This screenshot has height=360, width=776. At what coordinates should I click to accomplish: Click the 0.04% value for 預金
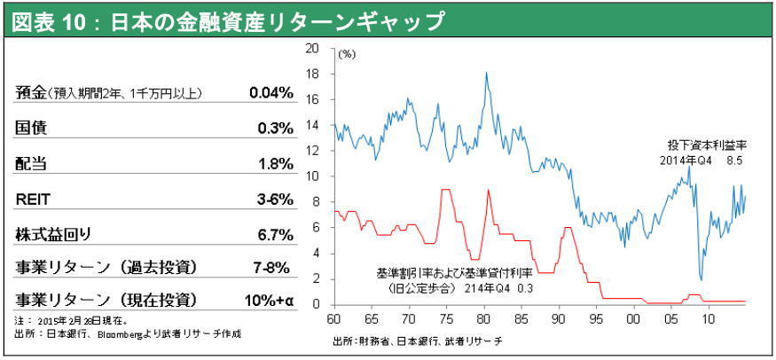270,92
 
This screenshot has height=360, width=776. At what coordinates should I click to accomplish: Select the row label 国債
32,128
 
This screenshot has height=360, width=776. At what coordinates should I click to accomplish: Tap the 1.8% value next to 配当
275,163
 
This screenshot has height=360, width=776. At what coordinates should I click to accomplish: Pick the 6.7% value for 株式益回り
275,234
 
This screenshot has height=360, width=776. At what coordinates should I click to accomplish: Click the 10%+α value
270,300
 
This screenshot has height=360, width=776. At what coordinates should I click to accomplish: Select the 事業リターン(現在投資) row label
106,300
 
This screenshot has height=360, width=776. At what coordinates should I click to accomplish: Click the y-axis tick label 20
311,49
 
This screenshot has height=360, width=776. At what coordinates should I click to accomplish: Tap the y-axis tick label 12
311,151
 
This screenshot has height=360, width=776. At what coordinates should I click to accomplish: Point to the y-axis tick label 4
314,254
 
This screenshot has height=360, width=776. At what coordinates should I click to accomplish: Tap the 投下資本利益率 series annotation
707,145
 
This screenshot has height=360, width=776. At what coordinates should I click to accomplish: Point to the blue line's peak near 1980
486,73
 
